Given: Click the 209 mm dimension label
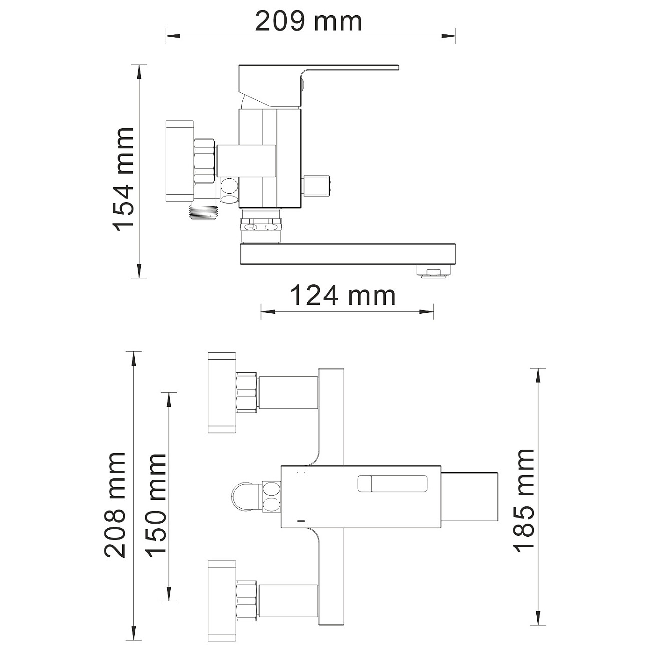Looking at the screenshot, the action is (x=308, y=22).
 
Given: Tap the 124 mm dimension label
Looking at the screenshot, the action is (x=343, y=295).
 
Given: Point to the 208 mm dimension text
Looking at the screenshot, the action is (x=115, y=505).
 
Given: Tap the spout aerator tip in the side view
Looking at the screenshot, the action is (x=434, y=272).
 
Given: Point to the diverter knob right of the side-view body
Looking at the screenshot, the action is (x=318, y=185).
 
